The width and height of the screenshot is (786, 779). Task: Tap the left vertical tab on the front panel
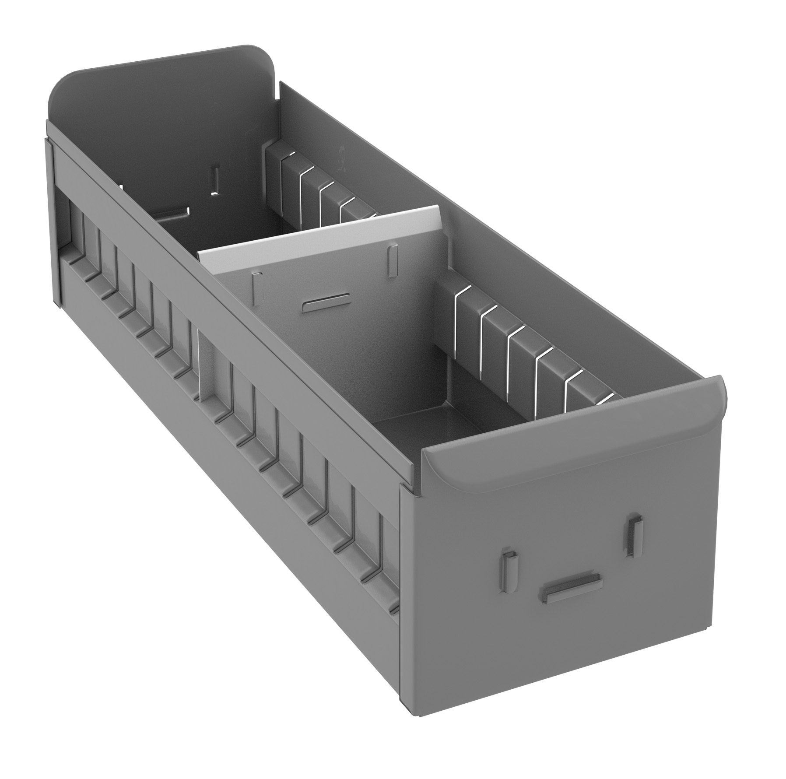point(510,565)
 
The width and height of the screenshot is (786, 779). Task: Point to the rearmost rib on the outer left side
point(70,228)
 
